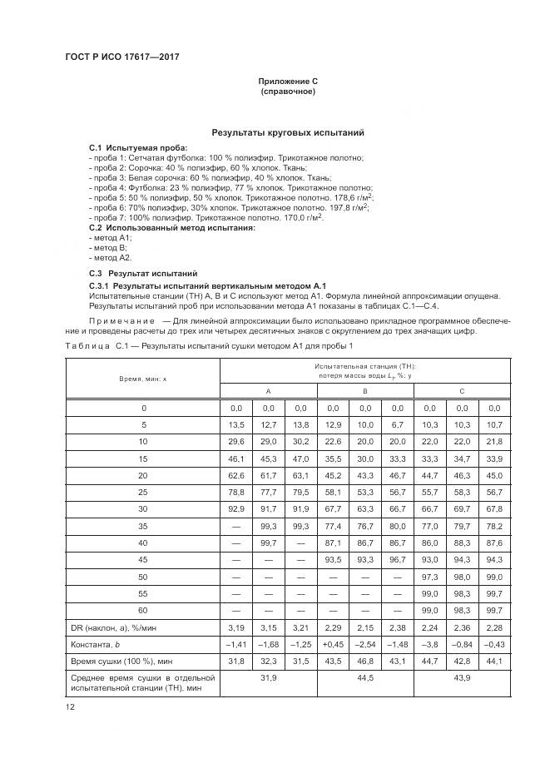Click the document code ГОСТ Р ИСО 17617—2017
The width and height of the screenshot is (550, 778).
[x=121, y=57]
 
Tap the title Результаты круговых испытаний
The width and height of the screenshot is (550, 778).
[x=287, y=132]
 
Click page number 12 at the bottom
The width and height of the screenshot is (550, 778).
[x=71, y=706]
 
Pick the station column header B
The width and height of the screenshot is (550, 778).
[x=365, y=390]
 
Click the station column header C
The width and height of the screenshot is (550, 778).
[x=462, y=390]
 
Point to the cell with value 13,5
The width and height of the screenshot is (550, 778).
[x=235, y=425]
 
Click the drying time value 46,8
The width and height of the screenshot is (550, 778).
[x=365, y=663]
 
